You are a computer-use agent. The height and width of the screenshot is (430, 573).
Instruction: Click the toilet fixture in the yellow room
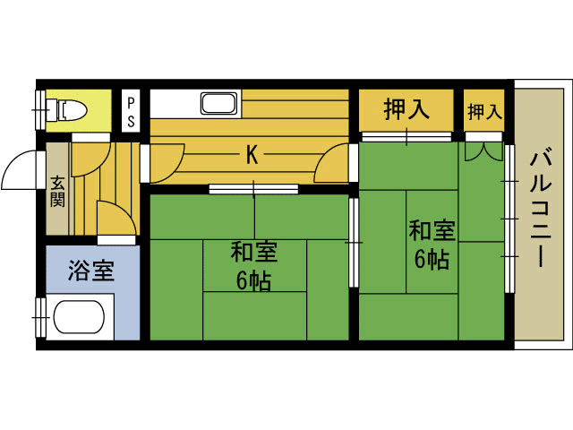pyautogui.click(x=65, y=109)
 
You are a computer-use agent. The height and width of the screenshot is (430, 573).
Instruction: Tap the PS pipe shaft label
pyautogui.click(x=131, y=112)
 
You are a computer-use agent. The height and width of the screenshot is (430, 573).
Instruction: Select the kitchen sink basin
pyautogui.click(x=218, y=104)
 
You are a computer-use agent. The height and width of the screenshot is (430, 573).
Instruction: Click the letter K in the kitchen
pyautogui.click(x=252, y=155)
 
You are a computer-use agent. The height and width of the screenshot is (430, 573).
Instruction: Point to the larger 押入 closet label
pyautogui.click(x=406, y=109)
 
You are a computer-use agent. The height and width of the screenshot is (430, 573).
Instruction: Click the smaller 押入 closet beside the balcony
pyautogui.click(x=484, y=111)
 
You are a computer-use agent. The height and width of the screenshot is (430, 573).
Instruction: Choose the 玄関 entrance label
pyautogui.click(x=57, y=191)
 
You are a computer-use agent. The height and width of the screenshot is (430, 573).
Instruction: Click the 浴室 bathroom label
pyautogui.click(x=91, y=271)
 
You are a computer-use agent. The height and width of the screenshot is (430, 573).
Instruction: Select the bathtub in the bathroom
pyautogui.click(x=79, y=317)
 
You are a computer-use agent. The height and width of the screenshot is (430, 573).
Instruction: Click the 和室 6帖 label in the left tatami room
pyautogui.click(x=253, y=266)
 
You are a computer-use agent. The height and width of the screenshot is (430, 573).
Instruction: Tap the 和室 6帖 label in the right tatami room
pyautogui.click(x=432, y=245)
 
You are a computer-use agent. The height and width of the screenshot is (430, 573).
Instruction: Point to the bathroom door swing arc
pyautogui.click(x=122, y=213)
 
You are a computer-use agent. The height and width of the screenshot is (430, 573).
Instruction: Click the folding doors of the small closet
pyautogui.click(x=483, y=151)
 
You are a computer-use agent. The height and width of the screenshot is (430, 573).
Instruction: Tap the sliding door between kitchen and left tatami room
pyautogui.click(x=253, y=189)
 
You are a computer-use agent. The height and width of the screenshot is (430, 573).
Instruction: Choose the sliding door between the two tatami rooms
pyautogui.click(x=354, y=243)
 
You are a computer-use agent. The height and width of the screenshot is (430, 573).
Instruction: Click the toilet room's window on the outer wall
pyautogui.click(x=40, y=109)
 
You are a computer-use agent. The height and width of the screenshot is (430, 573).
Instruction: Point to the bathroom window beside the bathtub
pyautogui.click(x=40, y=317)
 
